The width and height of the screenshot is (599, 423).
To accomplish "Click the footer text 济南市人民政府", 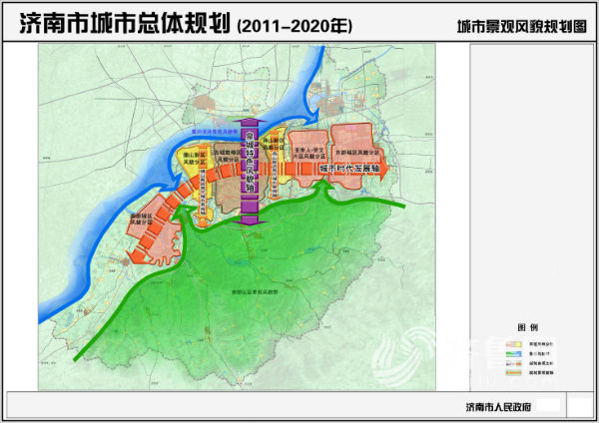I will pos(494,406).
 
